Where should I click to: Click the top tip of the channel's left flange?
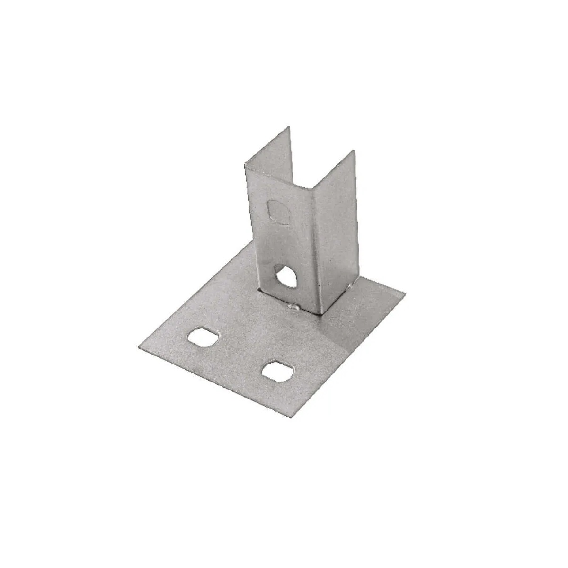point(287,127)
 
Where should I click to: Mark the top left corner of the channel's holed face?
point(245,166)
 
